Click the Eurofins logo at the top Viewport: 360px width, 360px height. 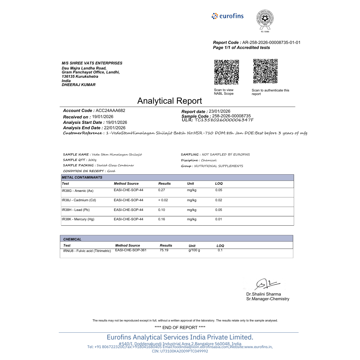[x=228, y=16]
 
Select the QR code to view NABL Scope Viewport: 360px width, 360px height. [x=227, y=72]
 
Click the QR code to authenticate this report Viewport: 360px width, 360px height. [x=265, y=71]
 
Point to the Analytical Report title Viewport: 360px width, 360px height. [x=170, y=101]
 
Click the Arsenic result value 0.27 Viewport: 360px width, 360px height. [x=162, y=190]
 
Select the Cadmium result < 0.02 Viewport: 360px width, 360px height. [x=163, y=200]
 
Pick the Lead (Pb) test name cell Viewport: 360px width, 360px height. [x=76, y=210]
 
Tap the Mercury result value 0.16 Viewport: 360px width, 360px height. [x=162, y=219]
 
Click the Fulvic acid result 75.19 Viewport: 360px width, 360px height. [x=164, y=250]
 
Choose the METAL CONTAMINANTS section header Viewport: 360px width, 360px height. [x=82, y=177]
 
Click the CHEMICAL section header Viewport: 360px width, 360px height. [x=72, y=239]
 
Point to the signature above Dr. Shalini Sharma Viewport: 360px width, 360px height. [x=267, y=284]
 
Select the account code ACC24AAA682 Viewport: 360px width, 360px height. [x=111, y=111]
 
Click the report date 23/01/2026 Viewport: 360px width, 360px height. [x=219, y=111]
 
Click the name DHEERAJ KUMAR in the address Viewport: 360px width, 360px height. [x=78, y=85]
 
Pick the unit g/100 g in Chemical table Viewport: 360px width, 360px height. [x=194, y=250]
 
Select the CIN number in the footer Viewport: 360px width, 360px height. [x=180, y=351]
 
